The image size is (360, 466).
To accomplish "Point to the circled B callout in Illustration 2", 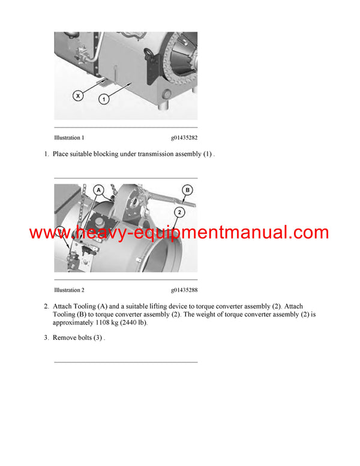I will (187, 191).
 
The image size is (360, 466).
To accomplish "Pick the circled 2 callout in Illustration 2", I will (178, 211).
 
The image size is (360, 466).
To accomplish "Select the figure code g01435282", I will (184, 138).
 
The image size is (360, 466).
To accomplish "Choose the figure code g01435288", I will (184, 290).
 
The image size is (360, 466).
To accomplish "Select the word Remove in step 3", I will (63, 338).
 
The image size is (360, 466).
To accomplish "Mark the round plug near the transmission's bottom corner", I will (167, 94).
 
